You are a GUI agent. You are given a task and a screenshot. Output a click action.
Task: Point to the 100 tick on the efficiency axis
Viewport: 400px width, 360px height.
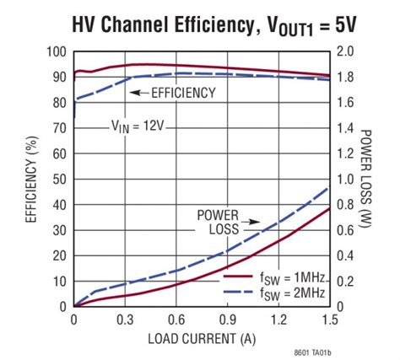56,51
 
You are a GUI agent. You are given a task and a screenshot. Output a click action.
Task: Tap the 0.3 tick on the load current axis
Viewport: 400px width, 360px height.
125,320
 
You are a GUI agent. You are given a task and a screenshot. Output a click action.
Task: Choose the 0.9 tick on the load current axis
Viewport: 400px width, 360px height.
227,320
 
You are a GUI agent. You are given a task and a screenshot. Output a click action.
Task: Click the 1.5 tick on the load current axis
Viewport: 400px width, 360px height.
328,320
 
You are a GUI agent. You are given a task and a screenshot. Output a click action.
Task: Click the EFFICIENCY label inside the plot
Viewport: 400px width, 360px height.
184,93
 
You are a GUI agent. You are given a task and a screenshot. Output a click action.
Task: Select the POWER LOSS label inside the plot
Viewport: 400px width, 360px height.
218,221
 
